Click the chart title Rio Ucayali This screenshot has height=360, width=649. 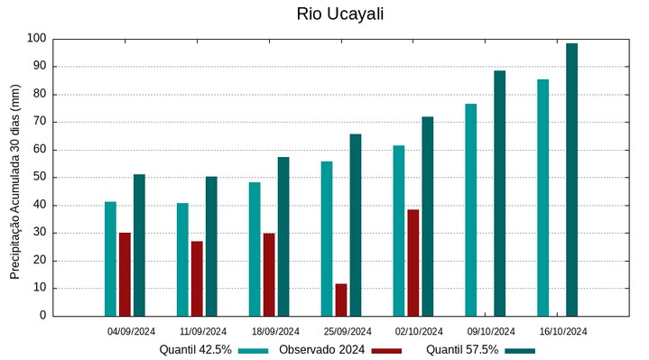[x=334, y=14]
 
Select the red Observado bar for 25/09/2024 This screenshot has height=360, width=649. [x=341, y=300]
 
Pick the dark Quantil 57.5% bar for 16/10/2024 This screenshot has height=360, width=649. [x=571, y=180]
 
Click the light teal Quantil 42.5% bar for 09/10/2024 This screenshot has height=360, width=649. [x=471, y=209]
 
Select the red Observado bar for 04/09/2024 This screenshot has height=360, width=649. [x=125, y=274]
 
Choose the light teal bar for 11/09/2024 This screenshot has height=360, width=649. [x=182, y=259]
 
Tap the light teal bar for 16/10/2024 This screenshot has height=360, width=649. [x=542, y=198]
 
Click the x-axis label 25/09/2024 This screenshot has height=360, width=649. [x=348, y=331]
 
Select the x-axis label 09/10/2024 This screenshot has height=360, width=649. [x=491, y=331]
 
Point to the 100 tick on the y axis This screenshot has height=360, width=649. [x=36, y=39]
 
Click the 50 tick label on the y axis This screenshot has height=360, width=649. [x=39, y=178]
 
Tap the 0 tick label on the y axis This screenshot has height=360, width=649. [x=42, y=316]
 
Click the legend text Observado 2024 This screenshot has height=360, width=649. [x=321, y=350]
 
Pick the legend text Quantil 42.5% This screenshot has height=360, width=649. [x=196, y=350]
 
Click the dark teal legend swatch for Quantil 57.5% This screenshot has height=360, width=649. [x=520, y=350]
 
